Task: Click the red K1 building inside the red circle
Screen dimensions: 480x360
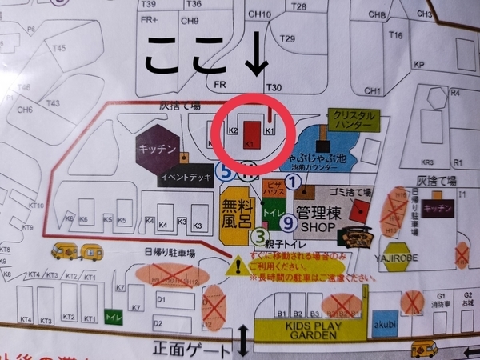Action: tap(252, 133)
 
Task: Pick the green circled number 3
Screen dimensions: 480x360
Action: tap(259, 236)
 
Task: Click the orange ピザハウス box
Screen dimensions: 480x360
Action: tap(271, 188)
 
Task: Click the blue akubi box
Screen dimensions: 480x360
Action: tap(385, 323)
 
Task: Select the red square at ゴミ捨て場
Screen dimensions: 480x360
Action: tap(362, 209)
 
